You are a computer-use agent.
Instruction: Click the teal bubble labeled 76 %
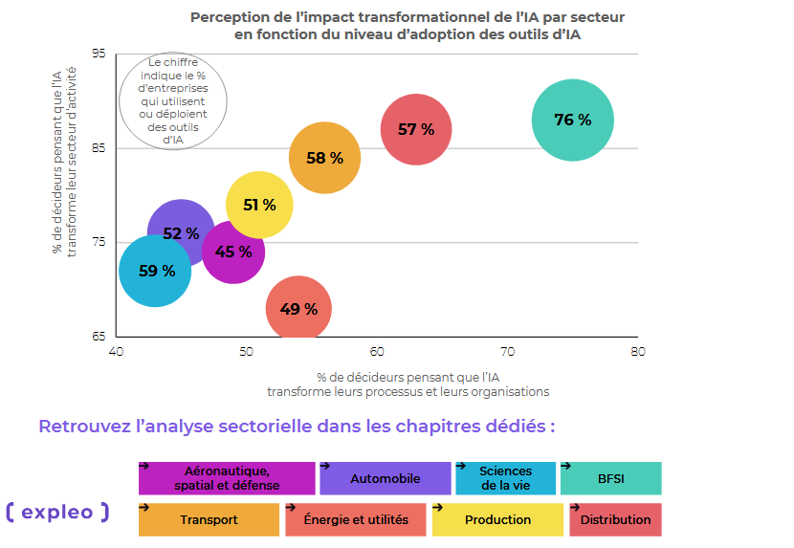[x=572, y=121]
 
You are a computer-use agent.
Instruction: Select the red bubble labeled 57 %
[x=416, y=130]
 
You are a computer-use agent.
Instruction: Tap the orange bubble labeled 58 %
[x=324, y=159]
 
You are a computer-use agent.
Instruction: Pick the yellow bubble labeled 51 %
[x=259, y=205]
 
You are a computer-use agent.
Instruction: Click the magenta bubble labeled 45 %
[x=233, y=252]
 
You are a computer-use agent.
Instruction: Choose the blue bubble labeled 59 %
[x=155, y=272]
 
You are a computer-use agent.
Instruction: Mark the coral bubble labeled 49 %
[x=298, y=309]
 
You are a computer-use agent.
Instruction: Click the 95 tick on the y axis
[x=99, y=54]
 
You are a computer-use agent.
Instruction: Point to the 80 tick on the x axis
[x=638, y=351]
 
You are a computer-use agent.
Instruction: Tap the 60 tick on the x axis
[x=377, y=351]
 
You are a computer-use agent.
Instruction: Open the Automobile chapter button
[x=385, y=478]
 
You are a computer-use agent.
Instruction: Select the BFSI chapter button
[x=610, y=478]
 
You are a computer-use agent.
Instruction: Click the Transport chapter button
[x=209, y=520]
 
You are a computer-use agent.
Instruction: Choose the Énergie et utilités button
[x=355, y=520]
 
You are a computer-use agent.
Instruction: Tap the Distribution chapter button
[x=614, y=520]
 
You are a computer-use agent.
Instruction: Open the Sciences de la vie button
[x=505, y=478]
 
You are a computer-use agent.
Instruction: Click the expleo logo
[x=57, y=513]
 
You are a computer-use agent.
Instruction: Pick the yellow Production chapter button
[x=497, y=520]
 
